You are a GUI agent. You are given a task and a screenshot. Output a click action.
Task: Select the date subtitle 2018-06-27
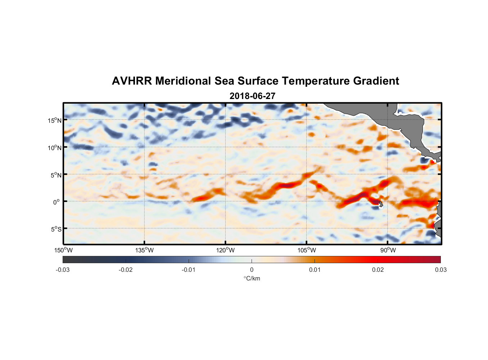point(252,96)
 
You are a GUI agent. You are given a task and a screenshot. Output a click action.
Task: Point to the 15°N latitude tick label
point(55,120)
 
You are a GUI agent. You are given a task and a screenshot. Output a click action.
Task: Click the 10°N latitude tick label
point(55,148)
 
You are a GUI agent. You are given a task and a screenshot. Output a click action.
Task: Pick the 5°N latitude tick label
point(56,175)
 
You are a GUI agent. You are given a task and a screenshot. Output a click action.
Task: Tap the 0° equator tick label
point(57,202)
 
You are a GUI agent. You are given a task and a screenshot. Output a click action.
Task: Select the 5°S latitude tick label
point(56,229)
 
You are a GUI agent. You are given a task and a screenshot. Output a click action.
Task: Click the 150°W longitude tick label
point(64,250)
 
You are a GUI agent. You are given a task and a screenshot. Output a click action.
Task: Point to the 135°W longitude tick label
point(145,250)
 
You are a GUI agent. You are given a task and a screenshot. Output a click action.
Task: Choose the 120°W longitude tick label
point(226,250)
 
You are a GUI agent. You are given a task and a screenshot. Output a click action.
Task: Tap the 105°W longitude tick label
point(307,250)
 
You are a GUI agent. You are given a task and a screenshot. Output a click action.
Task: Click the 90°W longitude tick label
point(388,250)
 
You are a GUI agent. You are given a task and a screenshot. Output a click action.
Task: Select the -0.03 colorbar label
point(63,270)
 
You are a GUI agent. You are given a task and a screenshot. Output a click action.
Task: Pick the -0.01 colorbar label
point(189,270)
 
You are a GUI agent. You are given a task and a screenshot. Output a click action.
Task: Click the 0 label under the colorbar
point(252,270)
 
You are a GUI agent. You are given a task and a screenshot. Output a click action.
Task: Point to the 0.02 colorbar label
point(378,270)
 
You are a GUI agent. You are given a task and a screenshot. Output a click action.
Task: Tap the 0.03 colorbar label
point(440,270)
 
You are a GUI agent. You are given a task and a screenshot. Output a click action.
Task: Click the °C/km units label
point(252,278)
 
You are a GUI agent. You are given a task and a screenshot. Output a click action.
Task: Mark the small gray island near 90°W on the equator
point(381,204)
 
